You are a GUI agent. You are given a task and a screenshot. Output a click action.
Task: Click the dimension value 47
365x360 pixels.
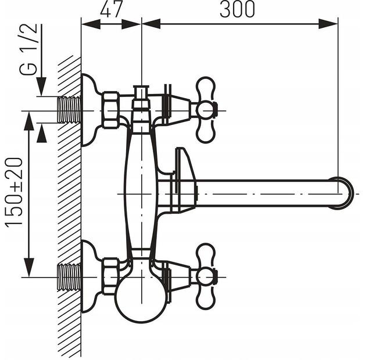click(x=111, y=10)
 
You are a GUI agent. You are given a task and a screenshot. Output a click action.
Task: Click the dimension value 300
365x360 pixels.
click(x=237, y=9)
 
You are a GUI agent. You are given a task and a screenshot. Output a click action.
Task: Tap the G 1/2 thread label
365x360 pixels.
click(x=28, y=49)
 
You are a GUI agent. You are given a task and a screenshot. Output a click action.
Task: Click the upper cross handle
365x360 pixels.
click(x=206, y=110)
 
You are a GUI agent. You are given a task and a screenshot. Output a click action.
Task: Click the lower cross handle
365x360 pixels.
click(x=206, y=276)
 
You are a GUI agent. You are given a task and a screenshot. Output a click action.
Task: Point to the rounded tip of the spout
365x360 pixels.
click(x=345, y=193)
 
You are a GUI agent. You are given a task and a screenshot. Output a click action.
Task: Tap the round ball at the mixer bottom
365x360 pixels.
click(x=141, y=301)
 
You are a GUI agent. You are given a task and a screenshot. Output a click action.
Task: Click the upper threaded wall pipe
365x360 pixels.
click(x=69, y=109)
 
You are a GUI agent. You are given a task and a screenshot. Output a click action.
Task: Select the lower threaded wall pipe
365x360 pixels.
click(x=69, y=277)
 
